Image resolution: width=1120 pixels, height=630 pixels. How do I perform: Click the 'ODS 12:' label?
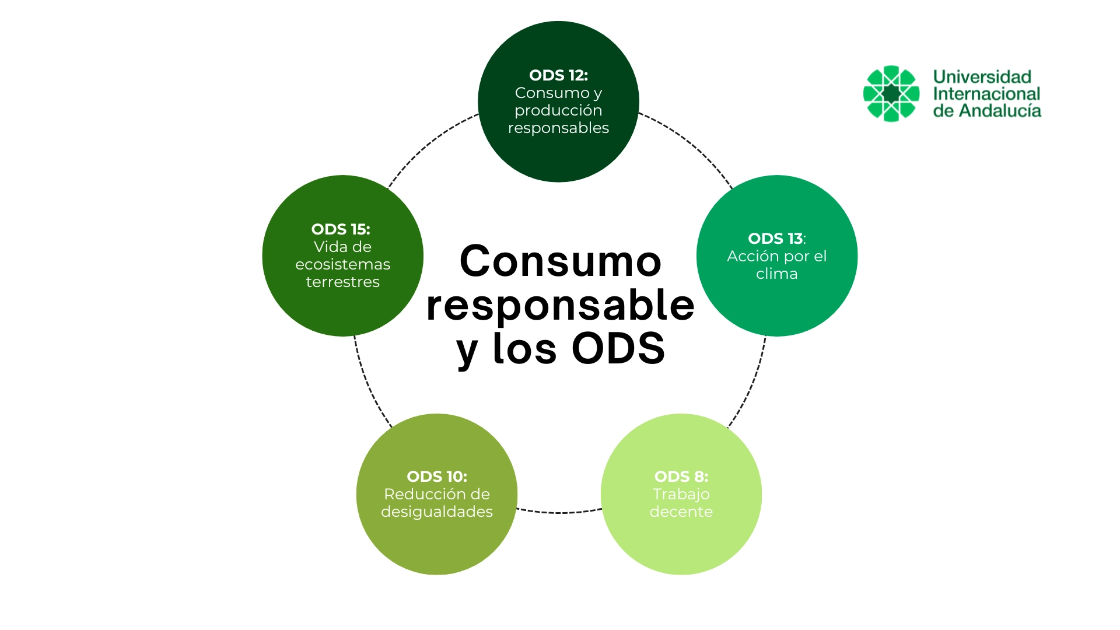point(558,75)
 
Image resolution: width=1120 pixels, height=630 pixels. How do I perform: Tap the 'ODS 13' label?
point(775,239)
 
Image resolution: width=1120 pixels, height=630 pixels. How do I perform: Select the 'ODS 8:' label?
point(681,477)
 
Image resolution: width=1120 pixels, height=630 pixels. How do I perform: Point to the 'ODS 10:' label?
point(437,477)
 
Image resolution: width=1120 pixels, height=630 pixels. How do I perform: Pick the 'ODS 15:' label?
point(341,229)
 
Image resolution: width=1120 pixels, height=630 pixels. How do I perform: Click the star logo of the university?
point(891,93)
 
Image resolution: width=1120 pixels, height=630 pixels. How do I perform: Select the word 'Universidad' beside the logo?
point(982,76)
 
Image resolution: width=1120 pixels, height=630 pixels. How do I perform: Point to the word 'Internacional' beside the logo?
point(986,93)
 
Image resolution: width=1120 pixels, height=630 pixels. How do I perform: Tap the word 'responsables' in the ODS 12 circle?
point(558,128)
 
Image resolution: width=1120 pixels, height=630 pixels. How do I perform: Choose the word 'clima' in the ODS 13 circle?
point(776,274)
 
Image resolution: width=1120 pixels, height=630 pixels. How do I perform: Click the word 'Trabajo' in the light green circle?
point(681,494)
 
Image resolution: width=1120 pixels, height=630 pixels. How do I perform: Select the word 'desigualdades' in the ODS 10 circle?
point(437,512)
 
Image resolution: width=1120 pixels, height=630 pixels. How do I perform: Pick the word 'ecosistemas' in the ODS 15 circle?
point(342,264)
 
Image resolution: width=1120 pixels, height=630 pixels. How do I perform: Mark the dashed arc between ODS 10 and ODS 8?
point(559,513)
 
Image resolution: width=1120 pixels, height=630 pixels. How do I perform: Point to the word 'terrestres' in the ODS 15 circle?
point(342,282)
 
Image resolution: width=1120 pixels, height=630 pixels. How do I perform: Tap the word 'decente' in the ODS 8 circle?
point(681,512)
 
